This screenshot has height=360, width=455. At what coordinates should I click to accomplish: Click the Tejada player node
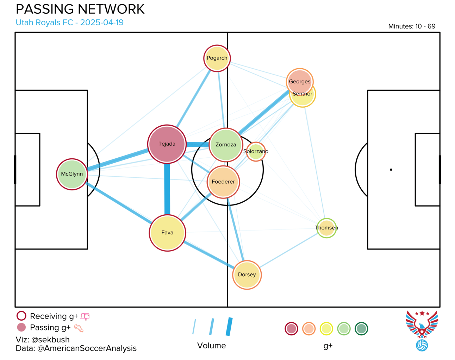[167, 144]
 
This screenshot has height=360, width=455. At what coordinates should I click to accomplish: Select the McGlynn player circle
[72, 174]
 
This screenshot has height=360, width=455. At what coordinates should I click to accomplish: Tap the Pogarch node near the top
[217, 58]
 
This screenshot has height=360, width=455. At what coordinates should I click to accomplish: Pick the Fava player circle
[167, 233]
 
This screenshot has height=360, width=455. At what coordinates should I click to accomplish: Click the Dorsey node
[247, 275]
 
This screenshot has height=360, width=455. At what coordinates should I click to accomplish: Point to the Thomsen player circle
[326, 228]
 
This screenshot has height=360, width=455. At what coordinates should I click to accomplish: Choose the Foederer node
[223, 182]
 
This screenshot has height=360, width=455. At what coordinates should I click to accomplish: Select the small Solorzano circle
[256, 152]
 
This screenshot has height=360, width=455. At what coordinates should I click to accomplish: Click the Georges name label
[300, 82]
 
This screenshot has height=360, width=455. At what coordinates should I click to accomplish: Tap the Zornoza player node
[226, 145]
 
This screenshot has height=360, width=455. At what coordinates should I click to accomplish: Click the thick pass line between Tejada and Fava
[167, 190]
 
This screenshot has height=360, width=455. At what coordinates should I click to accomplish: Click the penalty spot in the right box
[391, 170]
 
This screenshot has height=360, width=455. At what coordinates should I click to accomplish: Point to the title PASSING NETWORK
[80, 10]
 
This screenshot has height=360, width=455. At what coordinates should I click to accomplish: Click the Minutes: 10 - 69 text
[412, 26]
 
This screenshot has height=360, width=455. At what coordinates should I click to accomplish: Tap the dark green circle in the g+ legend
[361, 329]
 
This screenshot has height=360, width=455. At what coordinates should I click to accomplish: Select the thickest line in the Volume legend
[229, 327]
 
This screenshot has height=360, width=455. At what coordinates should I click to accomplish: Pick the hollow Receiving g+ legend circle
[21, 316]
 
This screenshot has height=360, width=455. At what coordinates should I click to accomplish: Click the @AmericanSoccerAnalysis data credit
[87, 348]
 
